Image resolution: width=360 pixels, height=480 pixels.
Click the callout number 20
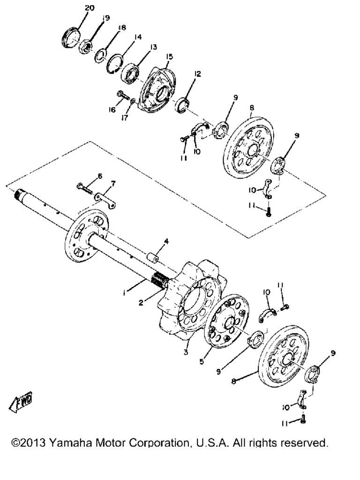point(90,8)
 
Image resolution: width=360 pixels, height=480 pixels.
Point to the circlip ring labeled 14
point(115,64)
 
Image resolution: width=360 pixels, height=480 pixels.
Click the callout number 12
point(197,74)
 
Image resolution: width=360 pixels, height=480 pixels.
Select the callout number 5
point(202,361)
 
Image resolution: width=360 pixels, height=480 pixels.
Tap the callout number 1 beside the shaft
point(124,293)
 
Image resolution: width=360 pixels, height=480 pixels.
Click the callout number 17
point(124,118)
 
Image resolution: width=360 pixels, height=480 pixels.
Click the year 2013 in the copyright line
point(33,442)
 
